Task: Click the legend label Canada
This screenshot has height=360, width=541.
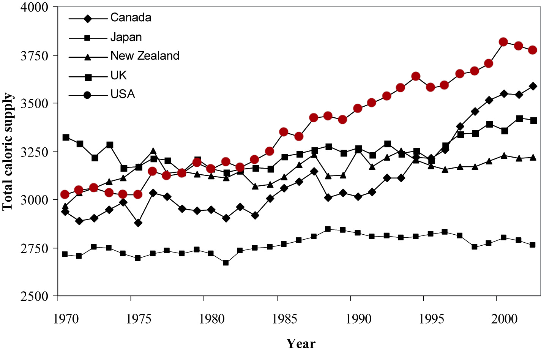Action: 131,17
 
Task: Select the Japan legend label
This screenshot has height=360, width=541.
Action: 126,37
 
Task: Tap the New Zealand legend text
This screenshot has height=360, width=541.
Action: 145,56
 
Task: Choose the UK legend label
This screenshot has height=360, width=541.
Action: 118,76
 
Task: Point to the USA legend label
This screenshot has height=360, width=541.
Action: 123,94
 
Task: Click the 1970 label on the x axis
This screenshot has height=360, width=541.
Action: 66,319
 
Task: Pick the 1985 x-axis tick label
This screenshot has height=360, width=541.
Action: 285,319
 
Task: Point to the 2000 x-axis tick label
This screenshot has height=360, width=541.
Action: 504,319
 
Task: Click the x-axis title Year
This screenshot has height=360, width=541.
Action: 301,344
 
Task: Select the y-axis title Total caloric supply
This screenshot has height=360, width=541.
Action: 8,152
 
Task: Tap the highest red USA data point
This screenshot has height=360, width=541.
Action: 503,42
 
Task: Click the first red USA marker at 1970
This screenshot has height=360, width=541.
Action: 65,194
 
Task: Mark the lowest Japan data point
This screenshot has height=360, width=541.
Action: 226,263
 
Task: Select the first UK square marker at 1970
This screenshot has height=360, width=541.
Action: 66,137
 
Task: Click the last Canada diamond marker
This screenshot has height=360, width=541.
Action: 533,86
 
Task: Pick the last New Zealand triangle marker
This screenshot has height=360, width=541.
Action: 533,157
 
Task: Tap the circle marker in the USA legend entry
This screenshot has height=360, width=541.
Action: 88,95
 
